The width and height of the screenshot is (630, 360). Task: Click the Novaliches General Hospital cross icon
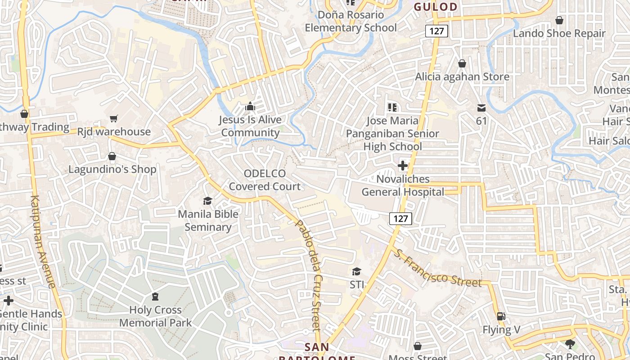point(402,166)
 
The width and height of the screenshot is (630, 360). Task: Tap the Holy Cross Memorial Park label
point(155,316)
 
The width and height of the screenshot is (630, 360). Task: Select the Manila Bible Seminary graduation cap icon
point(207,201)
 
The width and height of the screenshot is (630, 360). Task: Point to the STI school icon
point(356,271)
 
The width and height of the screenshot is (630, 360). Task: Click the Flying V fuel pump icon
point(500,316)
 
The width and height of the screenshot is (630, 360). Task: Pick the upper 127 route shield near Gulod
point(436,31)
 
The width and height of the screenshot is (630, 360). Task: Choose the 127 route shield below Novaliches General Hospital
point(400,219)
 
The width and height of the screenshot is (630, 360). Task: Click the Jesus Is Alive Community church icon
point(250,107)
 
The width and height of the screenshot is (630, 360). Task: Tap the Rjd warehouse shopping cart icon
point(114,118)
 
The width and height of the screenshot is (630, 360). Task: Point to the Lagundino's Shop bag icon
point(112,157)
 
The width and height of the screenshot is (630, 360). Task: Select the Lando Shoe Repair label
point(559,33)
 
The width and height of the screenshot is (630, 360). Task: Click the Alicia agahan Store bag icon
point(462,64)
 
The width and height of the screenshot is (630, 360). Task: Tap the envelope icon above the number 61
point(481,108)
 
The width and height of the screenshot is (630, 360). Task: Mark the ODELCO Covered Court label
point(265,180)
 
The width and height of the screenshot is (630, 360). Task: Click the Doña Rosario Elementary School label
point(351,21)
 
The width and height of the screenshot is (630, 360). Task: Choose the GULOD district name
point(435,7)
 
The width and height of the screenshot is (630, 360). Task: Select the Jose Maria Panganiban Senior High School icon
point(392,108)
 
